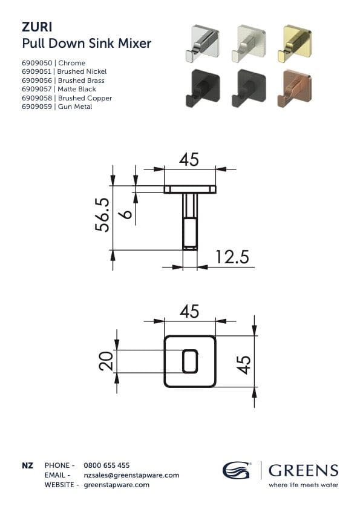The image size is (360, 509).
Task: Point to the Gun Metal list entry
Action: [x=75, y=107]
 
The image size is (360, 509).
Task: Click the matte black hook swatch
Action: [x=197, y=86]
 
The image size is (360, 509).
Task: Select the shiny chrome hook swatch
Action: [x=197, y=43]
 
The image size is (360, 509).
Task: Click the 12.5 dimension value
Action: [x=232, y=257]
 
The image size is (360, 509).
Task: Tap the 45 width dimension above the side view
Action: [x=189, y=160]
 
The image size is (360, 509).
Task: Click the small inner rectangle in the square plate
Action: [x=190, y=360]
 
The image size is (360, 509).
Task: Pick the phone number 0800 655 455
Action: [x=106, y=465]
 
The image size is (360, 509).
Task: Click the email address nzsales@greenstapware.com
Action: [x=131, y=475]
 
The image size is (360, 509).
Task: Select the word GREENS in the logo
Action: [x=303, y=470]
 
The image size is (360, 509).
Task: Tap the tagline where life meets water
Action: [x=303, y=485]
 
